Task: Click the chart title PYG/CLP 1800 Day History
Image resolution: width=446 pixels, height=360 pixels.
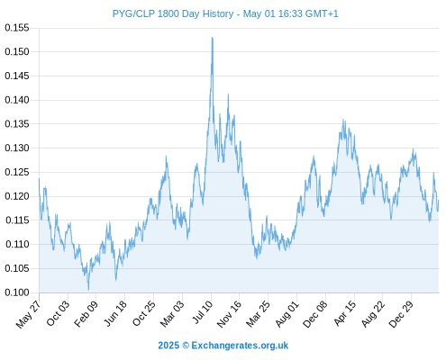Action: point(173,13)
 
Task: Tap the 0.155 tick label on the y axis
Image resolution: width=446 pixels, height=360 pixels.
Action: point(17,28)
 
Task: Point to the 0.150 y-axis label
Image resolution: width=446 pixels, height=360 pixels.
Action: point(17,51)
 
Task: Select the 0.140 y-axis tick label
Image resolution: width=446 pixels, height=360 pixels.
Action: point(17,100)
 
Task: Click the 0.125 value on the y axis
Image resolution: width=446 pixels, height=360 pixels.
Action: point(17,172)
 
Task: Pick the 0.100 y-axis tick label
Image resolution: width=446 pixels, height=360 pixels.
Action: point(17,292)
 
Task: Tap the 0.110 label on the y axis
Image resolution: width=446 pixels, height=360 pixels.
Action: point(17,244)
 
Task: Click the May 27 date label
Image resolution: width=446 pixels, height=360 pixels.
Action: point(28,314)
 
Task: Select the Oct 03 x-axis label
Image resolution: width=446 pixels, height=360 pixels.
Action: point(58,313)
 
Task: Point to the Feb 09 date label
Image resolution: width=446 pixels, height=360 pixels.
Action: point(86,313)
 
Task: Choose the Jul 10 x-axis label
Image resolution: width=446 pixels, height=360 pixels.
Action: point(203,312)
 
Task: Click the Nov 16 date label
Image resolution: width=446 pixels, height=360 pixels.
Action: point(229,314)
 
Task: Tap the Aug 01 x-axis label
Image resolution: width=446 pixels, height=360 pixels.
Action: point(287,314)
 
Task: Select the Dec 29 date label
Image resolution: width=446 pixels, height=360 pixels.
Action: point(401,314)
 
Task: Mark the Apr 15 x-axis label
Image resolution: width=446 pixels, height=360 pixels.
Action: point(345,313)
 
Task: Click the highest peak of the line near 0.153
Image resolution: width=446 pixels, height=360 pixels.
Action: point(213,38)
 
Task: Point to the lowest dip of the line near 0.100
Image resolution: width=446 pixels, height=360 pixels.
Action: point(88,290)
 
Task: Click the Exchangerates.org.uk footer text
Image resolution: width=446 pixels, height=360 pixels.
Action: point(240,346)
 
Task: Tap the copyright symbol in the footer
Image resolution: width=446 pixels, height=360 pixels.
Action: point(186,346)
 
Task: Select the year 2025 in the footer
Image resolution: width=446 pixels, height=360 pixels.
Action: point(168,346)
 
